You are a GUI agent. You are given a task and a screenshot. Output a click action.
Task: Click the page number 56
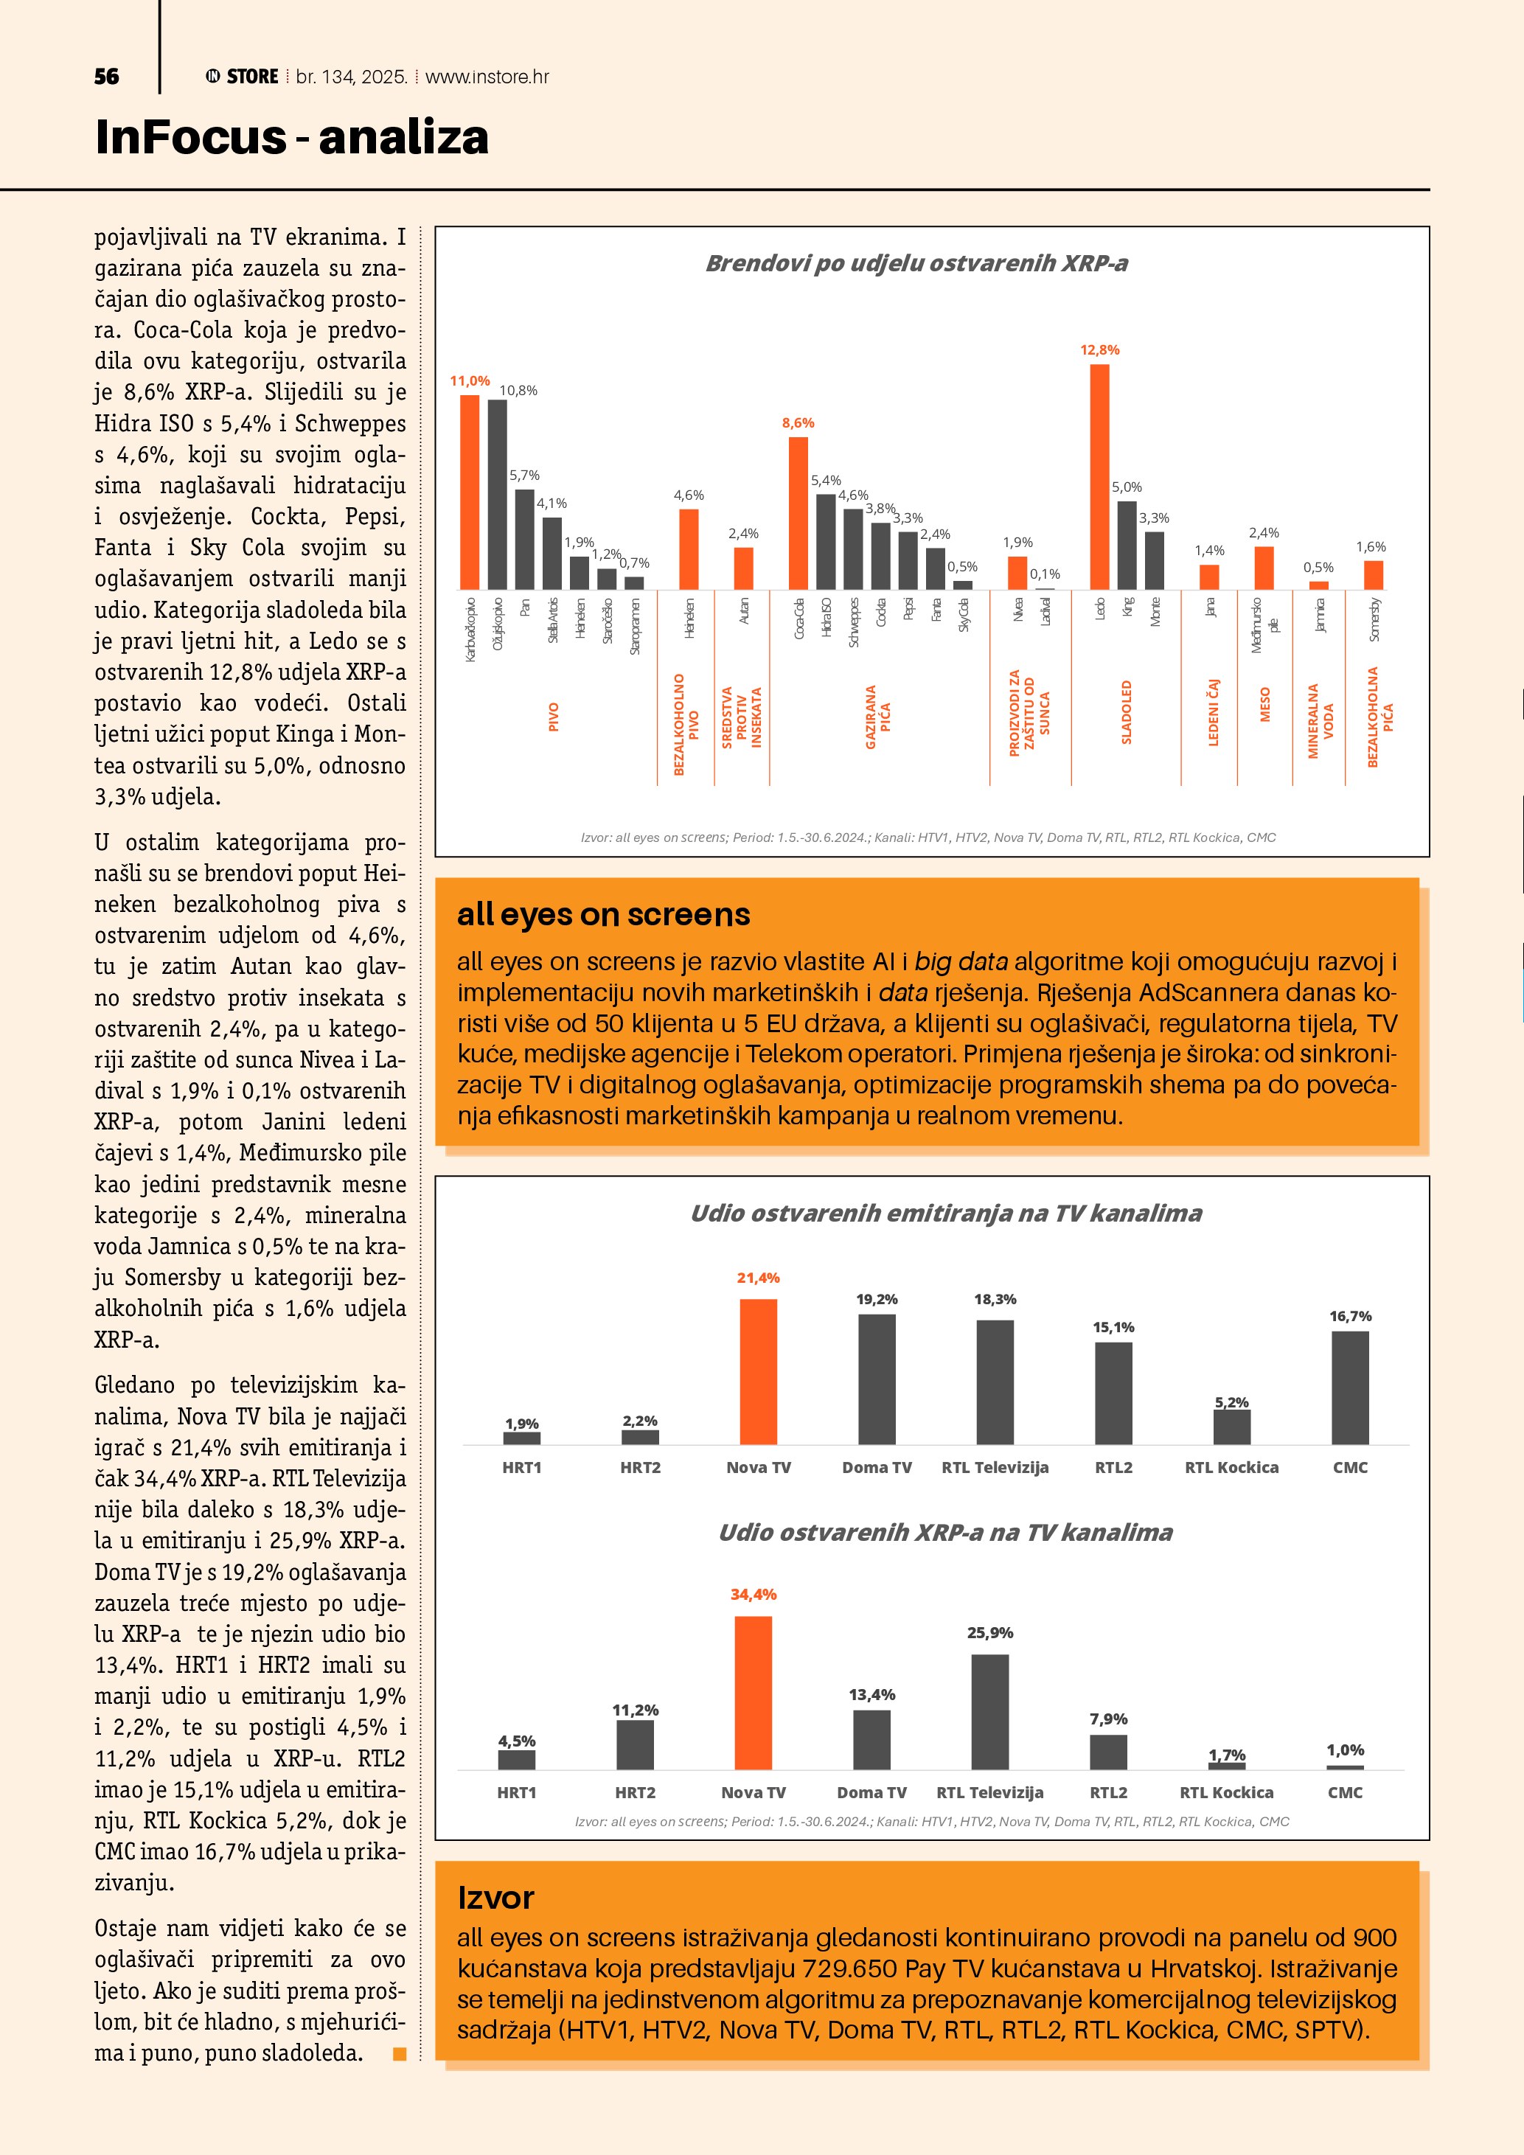coord(106,77)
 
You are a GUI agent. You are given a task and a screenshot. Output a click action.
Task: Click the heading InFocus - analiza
coord(292,137)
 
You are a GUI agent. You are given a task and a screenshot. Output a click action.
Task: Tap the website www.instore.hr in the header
coord(487,77)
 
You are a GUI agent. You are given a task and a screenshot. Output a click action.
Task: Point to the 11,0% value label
coord(469,381)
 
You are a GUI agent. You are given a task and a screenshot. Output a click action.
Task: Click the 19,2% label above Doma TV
coord(877,1299)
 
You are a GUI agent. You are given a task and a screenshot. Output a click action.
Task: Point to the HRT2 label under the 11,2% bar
coord(636,1792)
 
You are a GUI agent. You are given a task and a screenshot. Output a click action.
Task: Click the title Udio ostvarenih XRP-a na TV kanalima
coord(945,1533)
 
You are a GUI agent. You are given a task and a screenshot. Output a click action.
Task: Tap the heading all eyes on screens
coord(603,914)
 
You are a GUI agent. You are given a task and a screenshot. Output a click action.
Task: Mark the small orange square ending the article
coord(400,2054)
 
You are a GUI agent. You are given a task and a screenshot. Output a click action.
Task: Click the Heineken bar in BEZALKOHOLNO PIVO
coord(689,549)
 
